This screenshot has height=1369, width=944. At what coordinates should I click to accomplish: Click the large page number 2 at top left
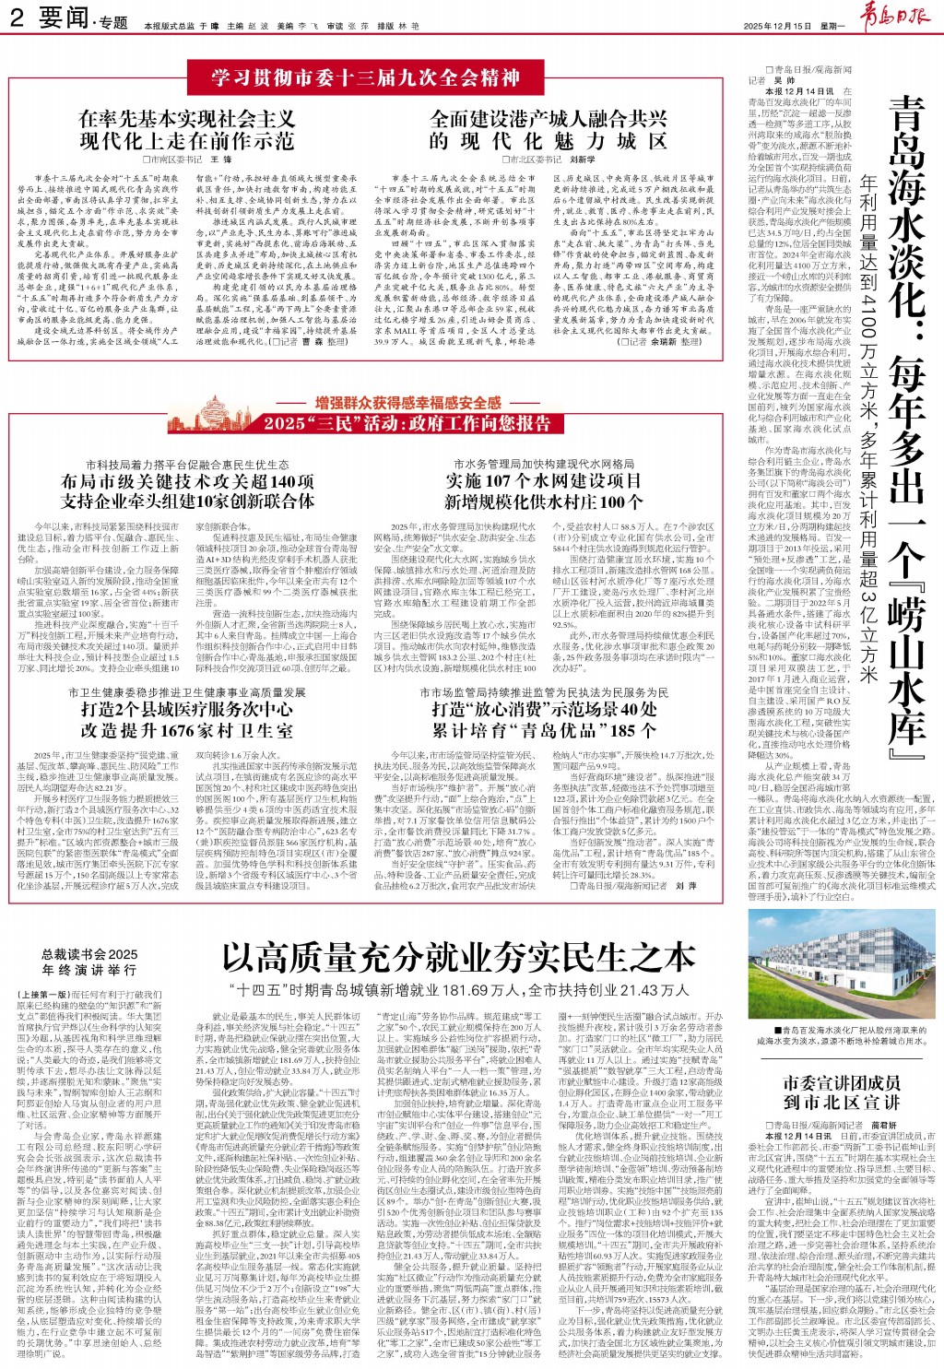click(17, 18)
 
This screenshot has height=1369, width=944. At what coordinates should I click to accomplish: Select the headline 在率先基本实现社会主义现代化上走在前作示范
click(187, 130)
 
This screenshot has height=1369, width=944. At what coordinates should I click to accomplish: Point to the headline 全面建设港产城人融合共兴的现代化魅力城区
click(549, 130)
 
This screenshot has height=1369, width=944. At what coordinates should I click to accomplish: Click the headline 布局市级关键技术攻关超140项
click(187, 481)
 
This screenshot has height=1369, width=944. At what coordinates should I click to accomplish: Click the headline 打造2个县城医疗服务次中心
click(187, 710)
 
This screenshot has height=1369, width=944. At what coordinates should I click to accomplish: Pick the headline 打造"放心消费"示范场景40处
click(544, 710)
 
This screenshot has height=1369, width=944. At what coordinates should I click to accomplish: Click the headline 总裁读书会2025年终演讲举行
click(89, 962)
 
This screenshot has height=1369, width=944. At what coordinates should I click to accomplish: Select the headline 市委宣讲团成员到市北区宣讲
click(842, 1092)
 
